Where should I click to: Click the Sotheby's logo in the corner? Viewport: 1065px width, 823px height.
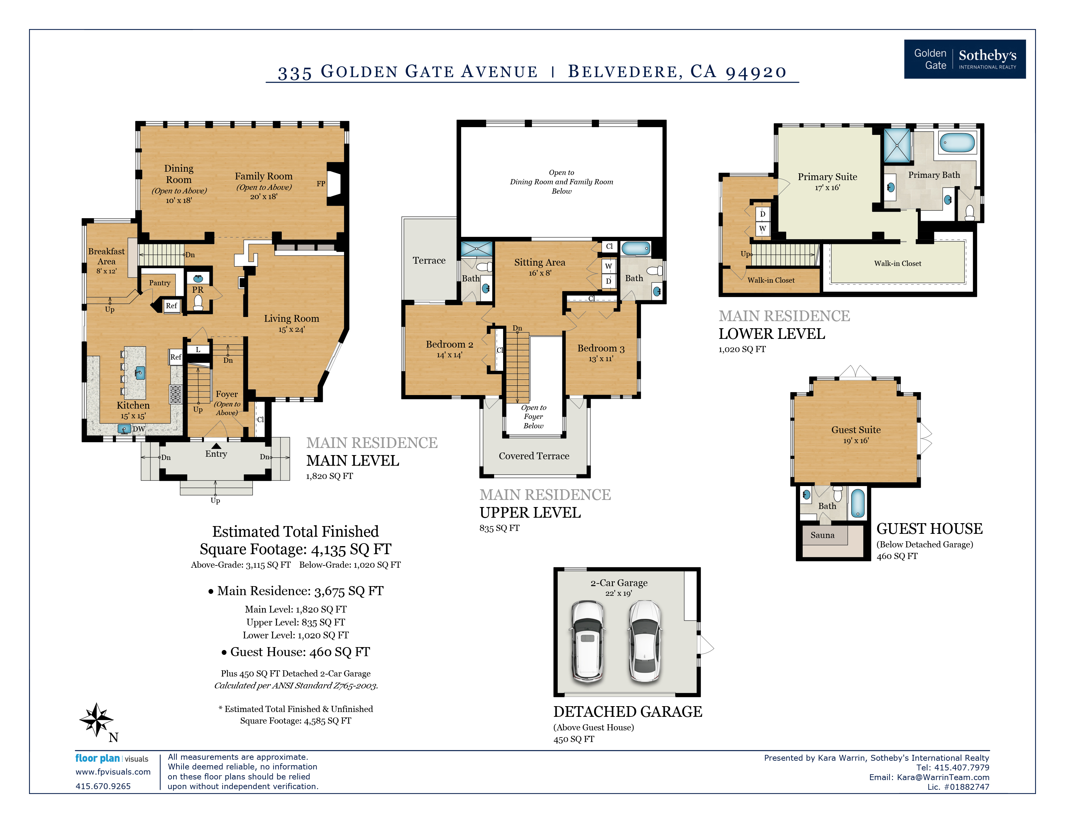tap(965, 59)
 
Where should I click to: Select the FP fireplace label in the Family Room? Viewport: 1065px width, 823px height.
tap(321, 184)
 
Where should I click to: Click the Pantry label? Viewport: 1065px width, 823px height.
tap(159, 283)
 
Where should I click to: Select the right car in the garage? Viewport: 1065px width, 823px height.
tap(645, 641)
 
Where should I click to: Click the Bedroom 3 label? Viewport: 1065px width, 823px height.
tap(601, 348)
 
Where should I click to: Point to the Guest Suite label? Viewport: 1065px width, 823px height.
tap(856, 430)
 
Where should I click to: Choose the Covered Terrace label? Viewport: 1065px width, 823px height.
tap(534, 456)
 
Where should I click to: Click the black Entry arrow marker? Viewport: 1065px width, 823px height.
tap(216, 446)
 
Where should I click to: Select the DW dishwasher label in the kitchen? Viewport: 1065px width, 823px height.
tap(139, 429)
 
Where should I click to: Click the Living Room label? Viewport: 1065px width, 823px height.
tap(292, 318)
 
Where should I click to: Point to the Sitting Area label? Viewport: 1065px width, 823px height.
tap(540, 262)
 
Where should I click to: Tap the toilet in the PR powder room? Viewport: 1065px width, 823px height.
tap(198, 303)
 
